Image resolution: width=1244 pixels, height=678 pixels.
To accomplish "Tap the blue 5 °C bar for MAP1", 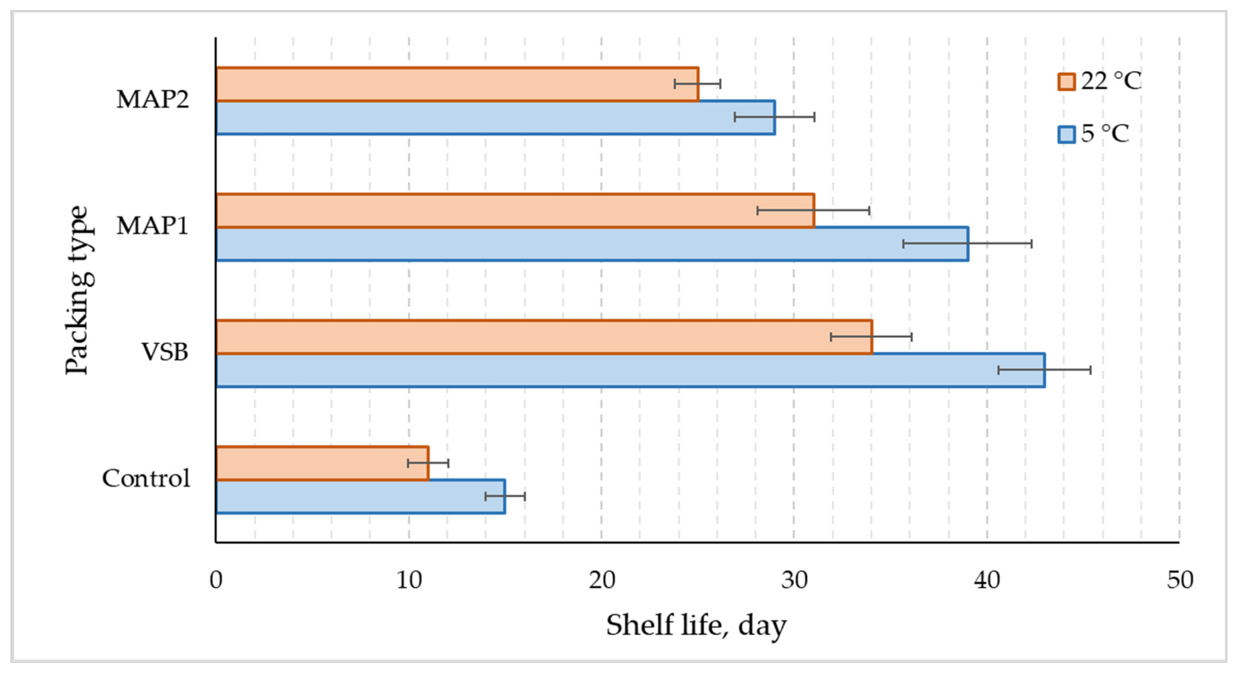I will pyautogui.click(x=592, y=244).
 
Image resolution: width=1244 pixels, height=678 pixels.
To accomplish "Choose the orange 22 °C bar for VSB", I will pyautogui.click(x=544, y=337).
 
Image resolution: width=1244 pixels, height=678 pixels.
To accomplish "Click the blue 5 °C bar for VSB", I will pyautogui.click(x=630, y=370).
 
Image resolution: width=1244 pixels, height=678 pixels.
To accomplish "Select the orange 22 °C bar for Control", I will pyautogui.click(x=322, y=464).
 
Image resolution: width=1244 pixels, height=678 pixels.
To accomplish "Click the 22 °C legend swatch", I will pyautogui.click(x=1066, y=82).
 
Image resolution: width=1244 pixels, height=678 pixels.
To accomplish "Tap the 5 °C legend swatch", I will pyautogui.click(x=1066, y=134).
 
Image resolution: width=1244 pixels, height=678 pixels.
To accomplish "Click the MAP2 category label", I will pyautogui.click(x=153, y=99).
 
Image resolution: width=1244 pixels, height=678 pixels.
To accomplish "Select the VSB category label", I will pyautogui.click(x=164, y=352).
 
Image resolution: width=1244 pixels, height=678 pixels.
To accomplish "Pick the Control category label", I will pyautogui.click(x=146, y=478).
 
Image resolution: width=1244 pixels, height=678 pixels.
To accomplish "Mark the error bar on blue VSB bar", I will pyautogui.click(x=1044, y=370).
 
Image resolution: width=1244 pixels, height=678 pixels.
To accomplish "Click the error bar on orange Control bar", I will pyautogui.click(x=428, y=464).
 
